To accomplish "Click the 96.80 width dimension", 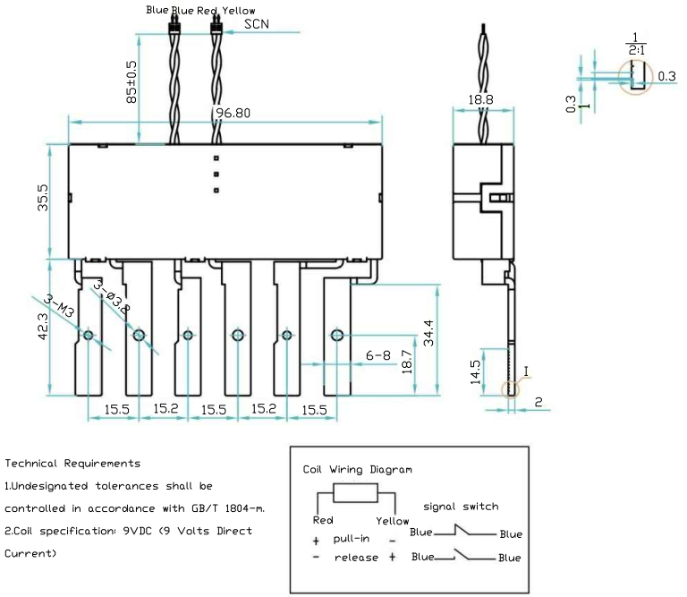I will tap(232, 113).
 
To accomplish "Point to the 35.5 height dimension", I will tap(43, 200).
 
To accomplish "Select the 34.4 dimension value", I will tap(429, 333).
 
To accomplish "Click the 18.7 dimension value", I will tap(407, 363).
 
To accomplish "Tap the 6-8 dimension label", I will tap(378, 355).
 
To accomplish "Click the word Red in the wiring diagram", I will tap(324, 520).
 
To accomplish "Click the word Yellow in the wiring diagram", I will tap(392, 520).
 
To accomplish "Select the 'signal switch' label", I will tap(461, 506).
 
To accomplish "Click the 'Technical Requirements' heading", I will tap(72, 463).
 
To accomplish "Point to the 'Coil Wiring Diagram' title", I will tap(358, 468).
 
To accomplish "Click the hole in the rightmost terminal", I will tap(336, 336).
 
